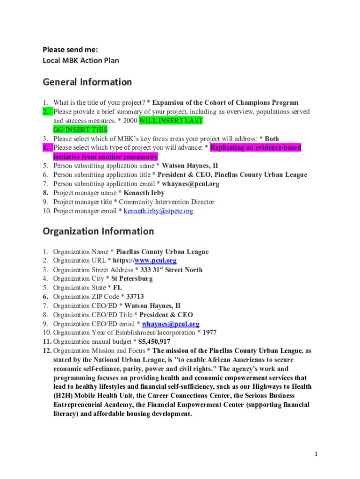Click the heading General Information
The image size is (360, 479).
click(x=87, y=82)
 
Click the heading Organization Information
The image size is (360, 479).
click(x=98, y=231)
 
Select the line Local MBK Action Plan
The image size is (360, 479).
click(x=81, y=60)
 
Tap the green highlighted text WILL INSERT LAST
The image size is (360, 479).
click(x=171, y=121)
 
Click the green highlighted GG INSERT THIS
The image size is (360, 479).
click(x=80, y=130)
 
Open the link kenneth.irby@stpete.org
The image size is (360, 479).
click(x=158, y=211)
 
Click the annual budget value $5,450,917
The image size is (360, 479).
click(x=154, y=341)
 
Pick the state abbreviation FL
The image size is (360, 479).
click(x=117, y=288)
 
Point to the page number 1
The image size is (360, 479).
click(x=316, y=454)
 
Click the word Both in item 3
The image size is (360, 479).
click(x=272, y=139)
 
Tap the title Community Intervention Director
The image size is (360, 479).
click(x=166, y=202)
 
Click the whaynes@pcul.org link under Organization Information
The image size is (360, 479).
click(x=171, y=324)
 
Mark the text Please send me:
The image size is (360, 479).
click(x=70, y=49)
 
